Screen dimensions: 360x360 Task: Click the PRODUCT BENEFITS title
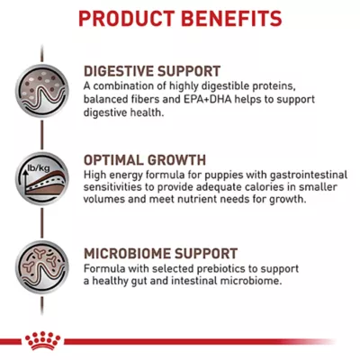[x=180, y=19]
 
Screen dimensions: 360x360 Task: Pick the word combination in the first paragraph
[x=129, y=85]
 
